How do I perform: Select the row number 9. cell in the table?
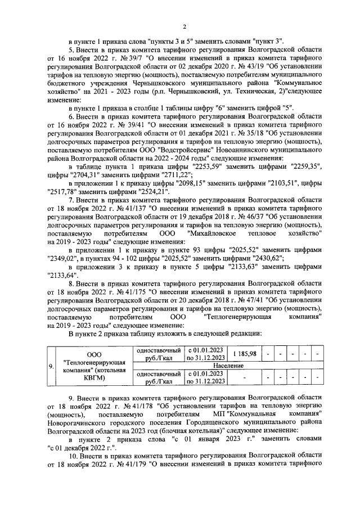[x=51, y=367]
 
